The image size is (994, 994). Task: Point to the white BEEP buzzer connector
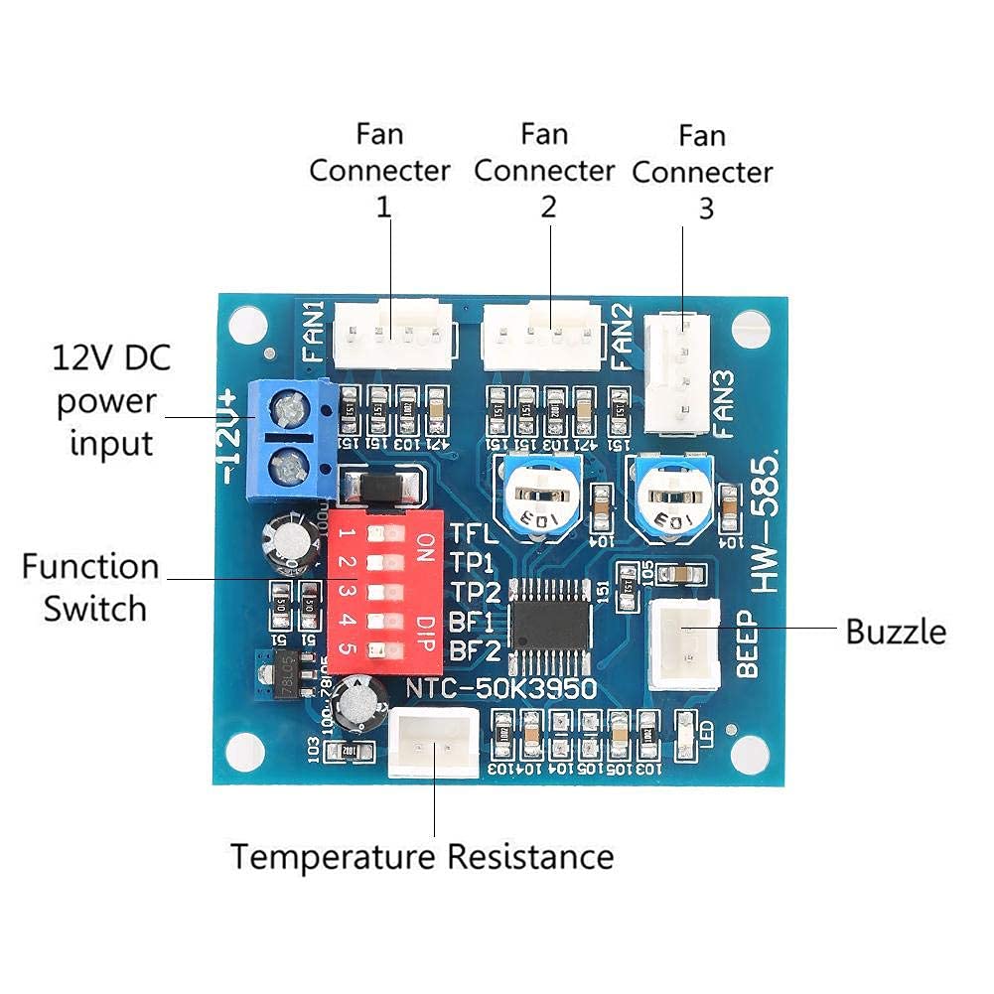click(x=685, y=644)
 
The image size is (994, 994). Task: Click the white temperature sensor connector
click(x=434, y=742)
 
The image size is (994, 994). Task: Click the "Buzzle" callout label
click(x=896, y=632)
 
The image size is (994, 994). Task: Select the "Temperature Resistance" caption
click(x=422, y=856)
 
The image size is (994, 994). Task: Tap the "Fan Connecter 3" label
click(x=702, y=171)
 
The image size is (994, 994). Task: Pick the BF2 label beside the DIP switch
click(x=473, y=651)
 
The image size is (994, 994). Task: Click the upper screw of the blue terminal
click(x=290, y=407)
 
